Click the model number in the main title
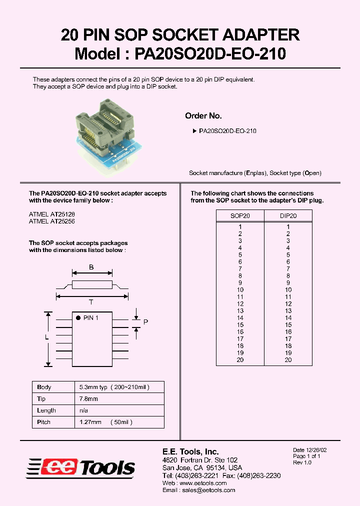coord(210,53)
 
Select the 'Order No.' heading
coord(203,116)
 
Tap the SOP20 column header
coord(240,216)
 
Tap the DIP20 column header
coord(288,216)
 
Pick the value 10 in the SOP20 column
coord(240,290)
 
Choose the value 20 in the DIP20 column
coord(288,360)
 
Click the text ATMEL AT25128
coord(51,213)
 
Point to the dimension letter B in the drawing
coord(91,267)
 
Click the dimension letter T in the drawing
coord(91,302)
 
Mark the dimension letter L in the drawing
coord(47,338)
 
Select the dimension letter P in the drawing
coord(145,322)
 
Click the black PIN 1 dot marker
coord(78,318)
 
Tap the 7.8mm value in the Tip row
coord(89,399)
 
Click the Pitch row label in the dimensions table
coord(44,422)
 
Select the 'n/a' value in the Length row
coord(83,410)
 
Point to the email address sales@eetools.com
coord(210,490)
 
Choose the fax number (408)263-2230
coord(258,475)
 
